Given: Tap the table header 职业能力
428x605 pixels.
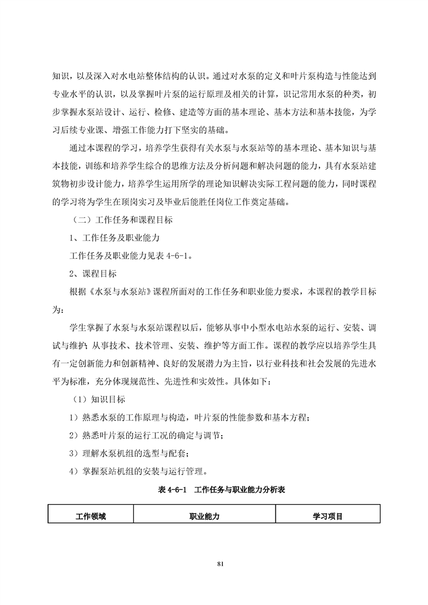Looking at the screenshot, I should [x=204, y=516].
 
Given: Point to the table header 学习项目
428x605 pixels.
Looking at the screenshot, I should [x=328, y=516].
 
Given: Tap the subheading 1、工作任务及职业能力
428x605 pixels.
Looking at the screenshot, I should [x=113, y=238].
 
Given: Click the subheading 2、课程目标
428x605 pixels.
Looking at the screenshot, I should [x=93, y=273].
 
